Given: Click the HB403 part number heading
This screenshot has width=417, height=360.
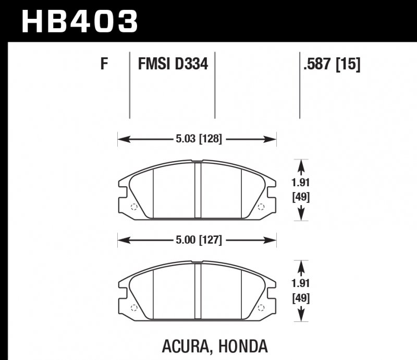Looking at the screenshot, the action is click(x=80, y=21).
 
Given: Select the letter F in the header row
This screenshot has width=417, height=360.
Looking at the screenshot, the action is click(x=104, y=64).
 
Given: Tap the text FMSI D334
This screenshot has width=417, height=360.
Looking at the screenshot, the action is click(x=173, y=64).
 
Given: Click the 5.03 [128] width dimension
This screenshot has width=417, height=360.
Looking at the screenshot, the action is click(x=199, y=139).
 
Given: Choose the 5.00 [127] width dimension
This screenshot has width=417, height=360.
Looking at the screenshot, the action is click(x=199, y=240).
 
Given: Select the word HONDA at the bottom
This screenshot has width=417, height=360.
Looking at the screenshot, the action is click(x=243, y=346).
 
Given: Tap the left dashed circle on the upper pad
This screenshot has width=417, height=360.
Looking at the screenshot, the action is click(x=134, y=207).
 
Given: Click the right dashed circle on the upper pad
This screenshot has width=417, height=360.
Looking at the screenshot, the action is click(x=261, y=207).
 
